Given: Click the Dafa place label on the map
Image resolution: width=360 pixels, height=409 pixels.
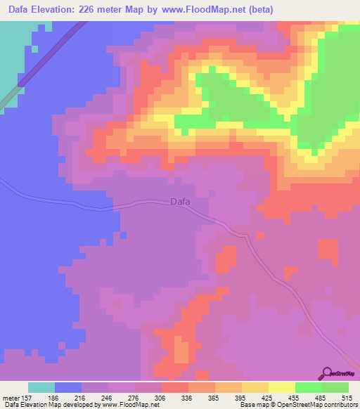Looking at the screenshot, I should [x=180, y=202].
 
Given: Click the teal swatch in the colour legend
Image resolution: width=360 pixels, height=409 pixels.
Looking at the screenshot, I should [x=41, y=387].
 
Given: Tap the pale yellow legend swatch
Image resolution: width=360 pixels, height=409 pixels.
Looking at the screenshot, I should [x=282, y=387].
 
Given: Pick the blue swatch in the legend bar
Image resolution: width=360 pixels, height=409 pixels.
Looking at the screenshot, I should [x=68, y=387].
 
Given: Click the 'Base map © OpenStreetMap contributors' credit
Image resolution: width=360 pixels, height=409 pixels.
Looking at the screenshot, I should [x=297, y=405].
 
